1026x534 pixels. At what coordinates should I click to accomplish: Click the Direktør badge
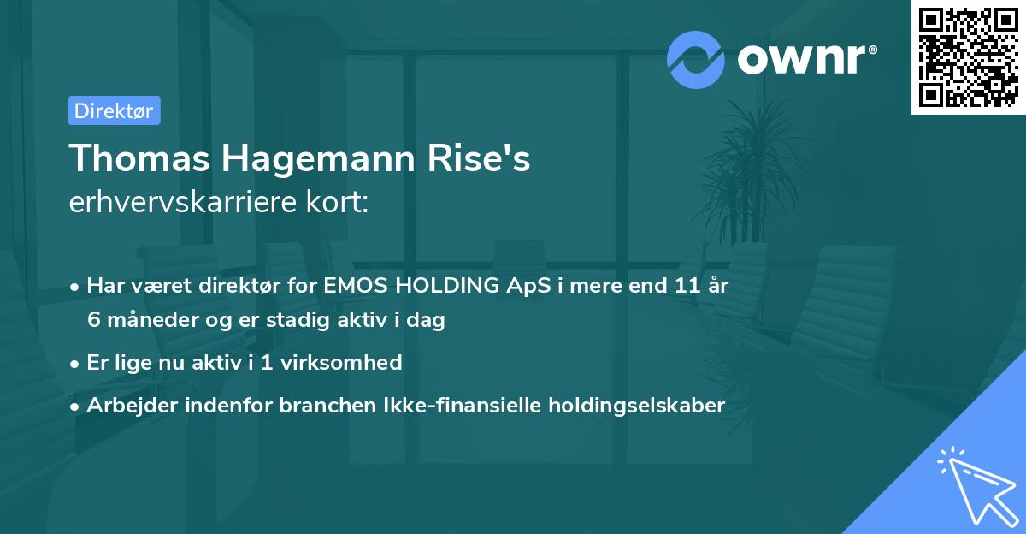point(114,110)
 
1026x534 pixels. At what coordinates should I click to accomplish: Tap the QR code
point(969,57)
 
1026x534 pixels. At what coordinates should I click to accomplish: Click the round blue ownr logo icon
point(696,59)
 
